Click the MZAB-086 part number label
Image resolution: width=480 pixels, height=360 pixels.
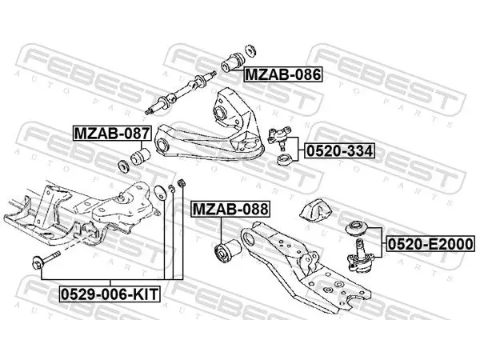(283, 74)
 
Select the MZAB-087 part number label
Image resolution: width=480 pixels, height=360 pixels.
(112, 133)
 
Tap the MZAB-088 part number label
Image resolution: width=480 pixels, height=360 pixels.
(230, 210)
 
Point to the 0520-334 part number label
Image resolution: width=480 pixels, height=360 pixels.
(339, 151)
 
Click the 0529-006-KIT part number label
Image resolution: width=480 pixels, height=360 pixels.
(110, 294)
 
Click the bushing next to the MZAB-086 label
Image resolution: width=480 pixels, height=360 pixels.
(232, 62)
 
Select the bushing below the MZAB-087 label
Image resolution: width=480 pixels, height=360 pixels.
(139, 157)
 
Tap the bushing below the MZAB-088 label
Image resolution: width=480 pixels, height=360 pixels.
(227, 251)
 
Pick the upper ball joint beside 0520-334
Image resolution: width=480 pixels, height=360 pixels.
(279, 137)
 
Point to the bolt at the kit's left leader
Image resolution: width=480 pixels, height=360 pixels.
(46, 260)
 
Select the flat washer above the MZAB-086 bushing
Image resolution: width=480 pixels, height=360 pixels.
(250, 50)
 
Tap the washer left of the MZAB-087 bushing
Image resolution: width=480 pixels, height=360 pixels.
(123, 166)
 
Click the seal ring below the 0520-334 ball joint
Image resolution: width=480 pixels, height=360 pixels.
(284, 161)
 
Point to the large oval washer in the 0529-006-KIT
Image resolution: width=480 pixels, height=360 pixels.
(161, 192)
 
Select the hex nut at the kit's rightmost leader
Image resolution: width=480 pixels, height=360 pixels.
(182, 183)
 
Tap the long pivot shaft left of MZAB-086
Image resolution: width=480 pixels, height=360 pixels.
(181, 93)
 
